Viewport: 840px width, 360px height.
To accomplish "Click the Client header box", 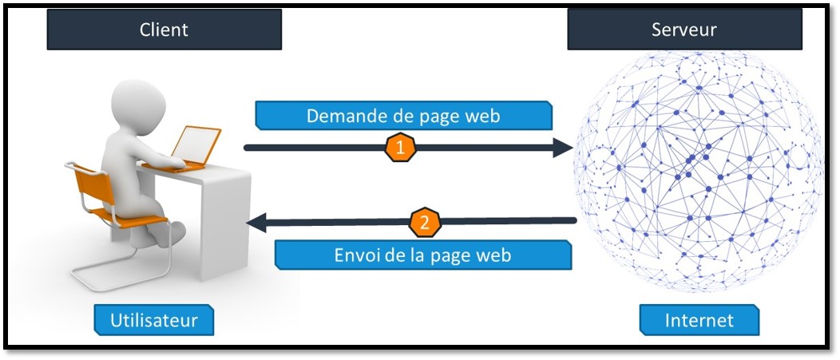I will pyautogui.click(x=164, y=31).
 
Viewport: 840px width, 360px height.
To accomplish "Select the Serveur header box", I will pyautogui.click(x=684, y=31).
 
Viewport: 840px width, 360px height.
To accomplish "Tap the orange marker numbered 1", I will pyautogui.click(x=401, y=148).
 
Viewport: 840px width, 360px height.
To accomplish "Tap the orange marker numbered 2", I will pyautogui.click(x=425, y=223).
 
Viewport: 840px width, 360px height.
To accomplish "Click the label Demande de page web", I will pyautogui.click(x=403, y=117).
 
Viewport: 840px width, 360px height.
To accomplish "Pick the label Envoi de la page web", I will pyautogui.click(x=423, y=255).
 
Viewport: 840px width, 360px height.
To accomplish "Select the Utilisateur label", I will pyautogui.click(x=154, y=321).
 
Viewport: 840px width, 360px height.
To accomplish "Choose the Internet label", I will pyautogui.click(x=699, y=321).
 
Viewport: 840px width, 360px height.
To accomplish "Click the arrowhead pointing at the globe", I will pyautogui.click(x=565, y=148).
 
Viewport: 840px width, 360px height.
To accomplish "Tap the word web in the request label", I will pyautogui.click(x=482, y=117).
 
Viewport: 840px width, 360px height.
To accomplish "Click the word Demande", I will pyautogui.click(x=343, y=117).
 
